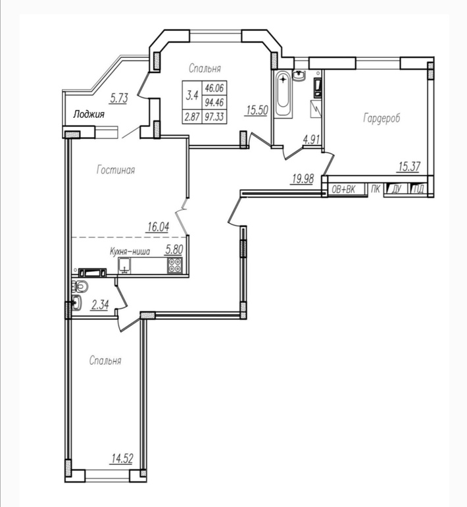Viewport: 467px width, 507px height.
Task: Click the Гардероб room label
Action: point(381,118)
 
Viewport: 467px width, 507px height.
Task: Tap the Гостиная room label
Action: point(116,170)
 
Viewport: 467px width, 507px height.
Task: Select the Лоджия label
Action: point(89,114)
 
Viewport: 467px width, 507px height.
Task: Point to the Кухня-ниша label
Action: point(130,252)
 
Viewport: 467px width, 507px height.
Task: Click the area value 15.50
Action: point(257,110)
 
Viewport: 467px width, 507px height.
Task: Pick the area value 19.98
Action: point(303,178)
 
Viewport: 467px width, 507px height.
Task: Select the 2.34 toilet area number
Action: point(100,305)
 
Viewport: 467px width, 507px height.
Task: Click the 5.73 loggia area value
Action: point(119,98)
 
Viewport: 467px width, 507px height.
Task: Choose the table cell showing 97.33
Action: point(214,117)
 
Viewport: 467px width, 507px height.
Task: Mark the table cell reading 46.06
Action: point(214,88)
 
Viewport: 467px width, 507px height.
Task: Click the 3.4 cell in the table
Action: point(192,95)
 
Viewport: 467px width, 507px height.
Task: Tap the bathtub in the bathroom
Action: point(283,93)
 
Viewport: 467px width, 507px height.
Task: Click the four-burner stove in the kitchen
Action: point(175,266)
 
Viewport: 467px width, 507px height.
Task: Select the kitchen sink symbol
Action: point(124,266)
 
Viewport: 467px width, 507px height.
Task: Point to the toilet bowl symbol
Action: point(80,286)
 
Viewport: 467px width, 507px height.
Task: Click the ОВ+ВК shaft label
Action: point(343,190)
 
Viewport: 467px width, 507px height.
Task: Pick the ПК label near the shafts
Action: point(376,189)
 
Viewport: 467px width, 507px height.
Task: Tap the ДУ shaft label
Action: point(396,190)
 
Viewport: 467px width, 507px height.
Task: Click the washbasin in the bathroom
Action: point(300,76)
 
